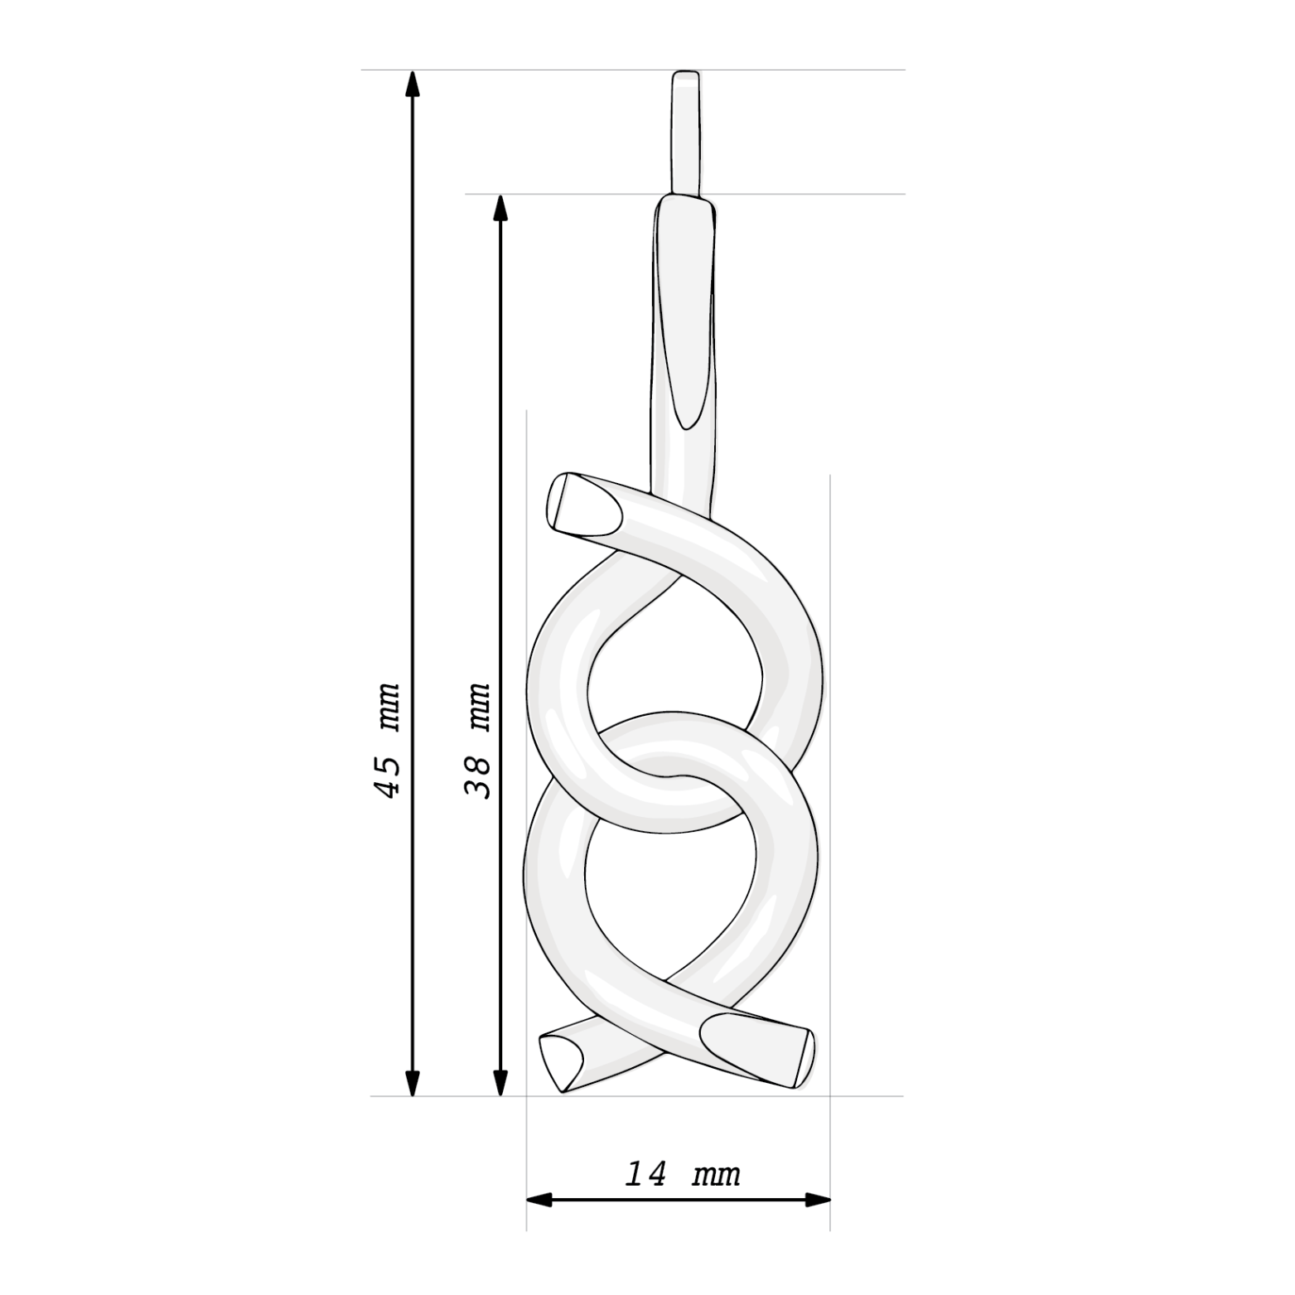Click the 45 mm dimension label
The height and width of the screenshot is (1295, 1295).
(x=388, y=740)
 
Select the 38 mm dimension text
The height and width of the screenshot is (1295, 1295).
(x=478, y=740)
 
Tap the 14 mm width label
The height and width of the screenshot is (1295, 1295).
(x=682, y=1174)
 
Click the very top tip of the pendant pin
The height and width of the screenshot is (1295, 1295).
(x=686, y=74)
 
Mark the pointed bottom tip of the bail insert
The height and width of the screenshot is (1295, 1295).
(x=685, y=426)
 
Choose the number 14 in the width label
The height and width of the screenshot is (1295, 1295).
(x=645, y=1174)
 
